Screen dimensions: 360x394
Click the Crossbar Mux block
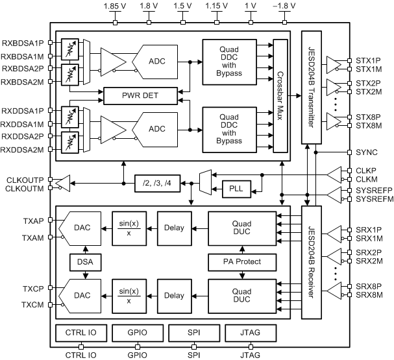[280, 95]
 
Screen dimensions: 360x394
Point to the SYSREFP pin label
[370, 191]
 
